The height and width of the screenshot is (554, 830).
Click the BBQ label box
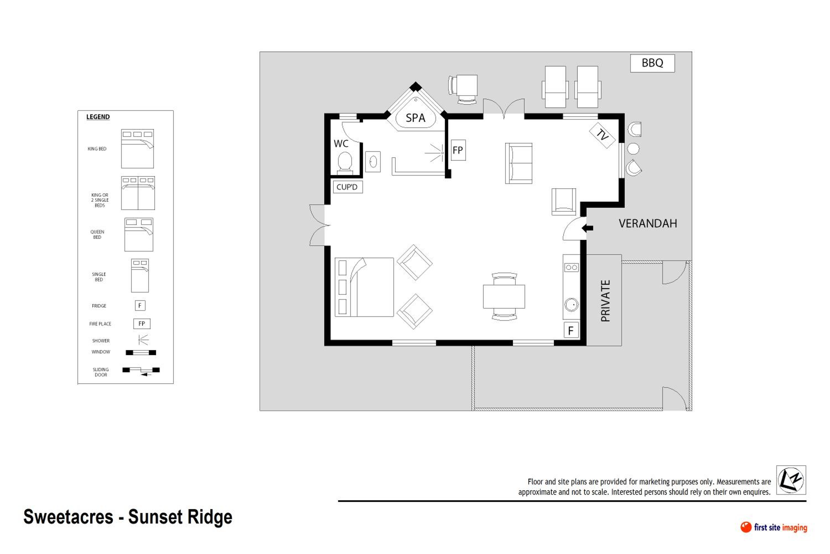(x=652, y=63)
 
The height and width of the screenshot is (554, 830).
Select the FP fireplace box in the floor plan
(x=458, y=150)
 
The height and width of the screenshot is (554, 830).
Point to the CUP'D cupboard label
(x=347, y=187)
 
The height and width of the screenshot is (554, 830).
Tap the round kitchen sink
(x=571, y=304)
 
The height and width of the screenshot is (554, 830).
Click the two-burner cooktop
(x=571, y=268)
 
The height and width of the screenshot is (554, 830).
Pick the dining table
(x=504, y=296)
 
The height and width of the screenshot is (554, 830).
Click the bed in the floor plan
(x=364, y=287)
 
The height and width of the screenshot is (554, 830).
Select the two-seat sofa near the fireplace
(x=518, y=163)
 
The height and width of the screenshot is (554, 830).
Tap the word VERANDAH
(x=648, y=224)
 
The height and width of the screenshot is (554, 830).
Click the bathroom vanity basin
(x=373, y=162)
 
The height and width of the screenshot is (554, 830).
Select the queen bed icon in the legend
(x=139, y=235)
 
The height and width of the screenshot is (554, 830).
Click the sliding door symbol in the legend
(x=141, y=371)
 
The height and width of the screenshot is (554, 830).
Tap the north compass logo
(x=791, y=480)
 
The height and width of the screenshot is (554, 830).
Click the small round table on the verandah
(x=634, y=149)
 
